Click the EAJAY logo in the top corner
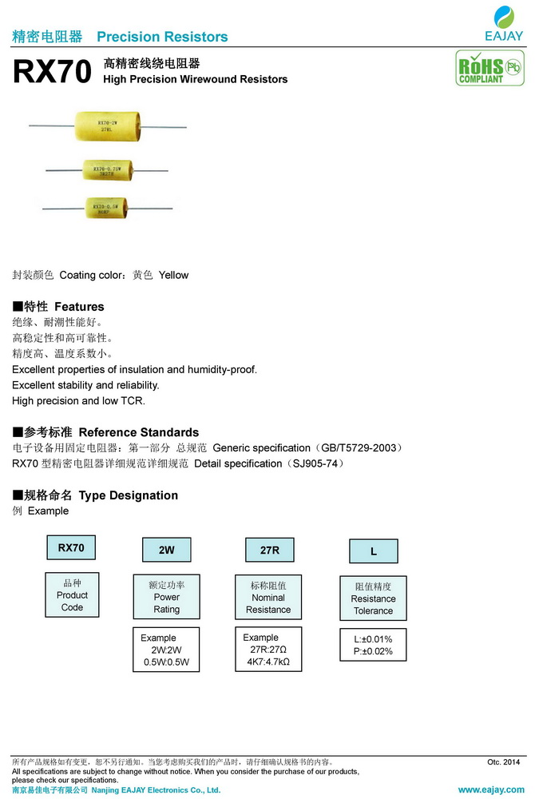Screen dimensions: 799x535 [503, 22]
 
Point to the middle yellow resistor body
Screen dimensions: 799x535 [108, 169]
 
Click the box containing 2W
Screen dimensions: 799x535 [166, 551]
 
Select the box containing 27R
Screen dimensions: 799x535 [268, 550]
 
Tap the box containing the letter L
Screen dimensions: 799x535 [373, 551]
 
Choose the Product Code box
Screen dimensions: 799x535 [72, 594]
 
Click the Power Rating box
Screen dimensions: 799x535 [166, 596]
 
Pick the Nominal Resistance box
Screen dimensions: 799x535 [268, 597]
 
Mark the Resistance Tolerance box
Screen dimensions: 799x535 [373, 598]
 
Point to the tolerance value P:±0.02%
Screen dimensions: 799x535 [373, 652]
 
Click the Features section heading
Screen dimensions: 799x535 [58, 307]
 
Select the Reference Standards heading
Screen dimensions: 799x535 [106, 432]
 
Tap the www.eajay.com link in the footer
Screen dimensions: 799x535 [490, 789]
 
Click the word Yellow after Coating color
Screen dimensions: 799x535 [173, 275]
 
